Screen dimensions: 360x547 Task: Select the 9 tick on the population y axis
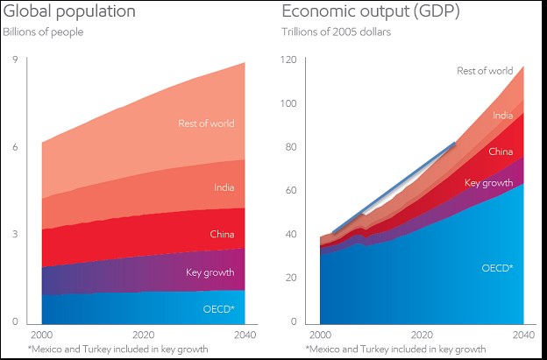(15, 60)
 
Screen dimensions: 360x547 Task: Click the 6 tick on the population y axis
(15, 147)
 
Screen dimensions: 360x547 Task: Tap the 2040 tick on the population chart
(245, 335)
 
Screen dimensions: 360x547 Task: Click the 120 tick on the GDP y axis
(289, 60)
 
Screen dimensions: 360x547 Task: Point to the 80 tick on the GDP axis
(291, 147)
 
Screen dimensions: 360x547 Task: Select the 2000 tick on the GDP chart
(321, 335)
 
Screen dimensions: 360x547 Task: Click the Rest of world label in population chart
(206, 124)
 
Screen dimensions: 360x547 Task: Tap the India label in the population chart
(224, 187)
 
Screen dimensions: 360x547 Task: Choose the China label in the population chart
(222, 234)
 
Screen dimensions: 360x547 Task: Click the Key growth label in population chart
(210, 272)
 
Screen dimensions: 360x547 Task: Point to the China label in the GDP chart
(501, 152)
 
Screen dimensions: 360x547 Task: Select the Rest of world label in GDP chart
(485, 71)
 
